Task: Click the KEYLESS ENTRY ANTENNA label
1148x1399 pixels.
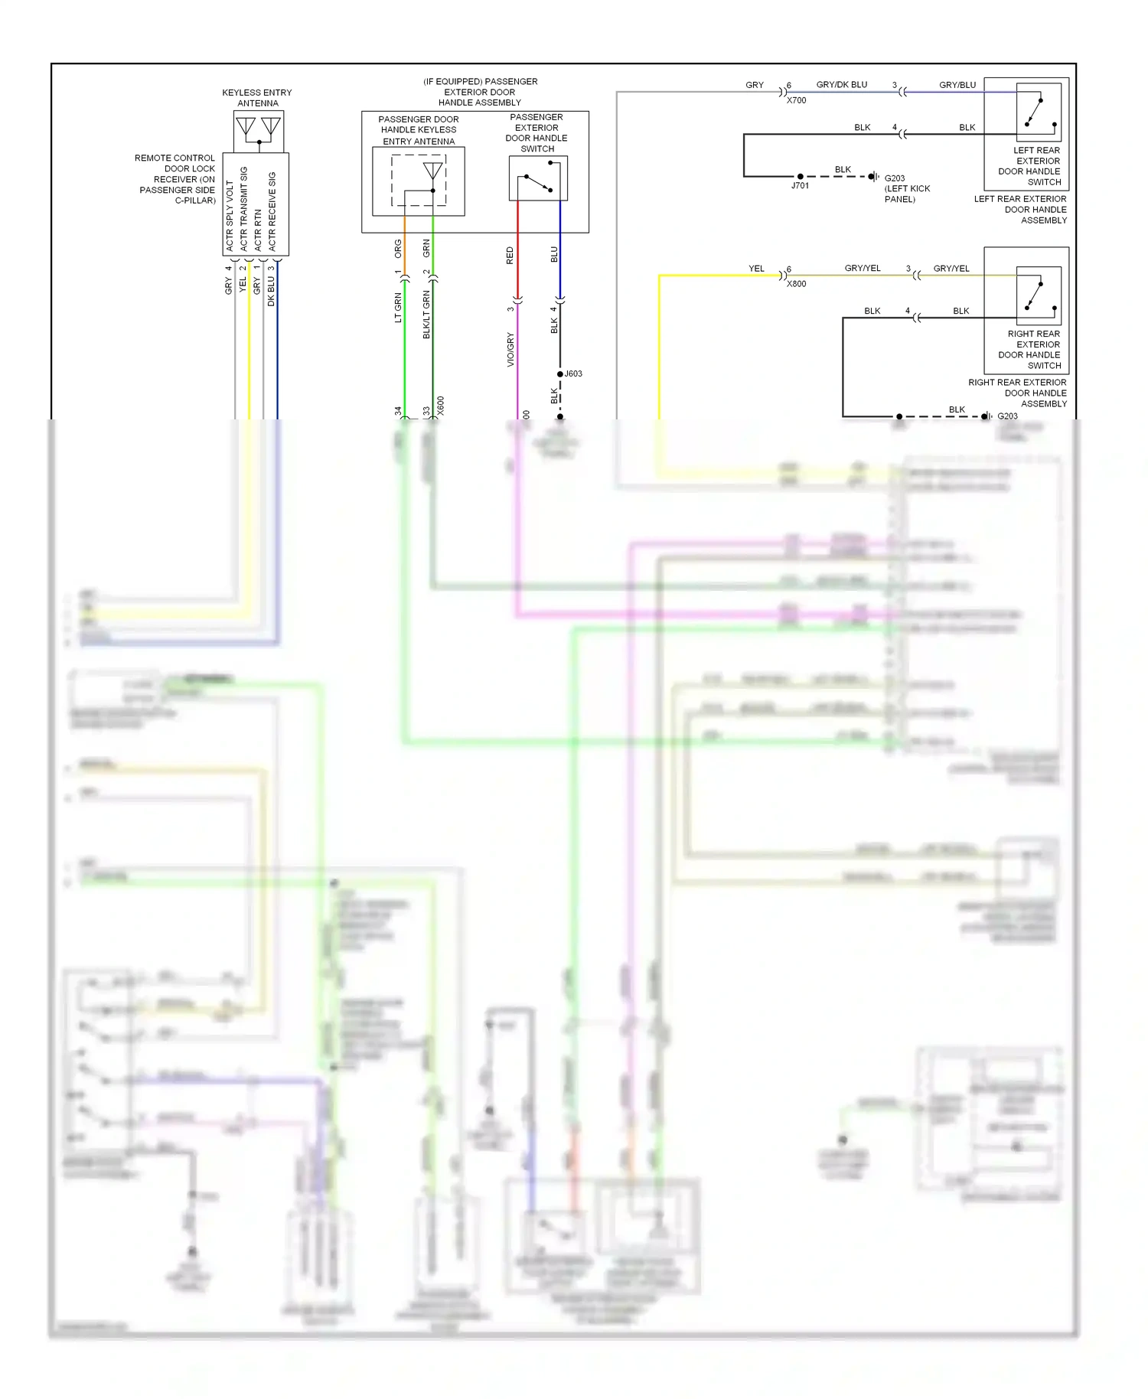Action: (257, 98)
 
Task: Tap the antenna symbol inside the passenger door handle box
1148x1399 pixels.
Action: (432, 171)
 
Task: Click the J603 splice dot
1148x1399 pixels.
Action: (560, 374)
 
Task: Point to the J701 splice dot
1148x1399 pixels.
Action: (801, 177)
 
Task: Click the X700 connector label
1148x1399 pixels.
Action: (796, 100)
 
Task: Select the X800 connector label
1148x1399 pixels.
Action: (796, 284)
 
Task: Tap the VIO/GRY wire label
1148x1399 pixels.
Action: (510, 350)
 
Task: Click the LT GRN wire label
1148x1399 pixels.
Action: (398, 308)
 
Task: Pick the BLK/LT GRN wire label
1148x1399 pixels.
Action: (426, 315)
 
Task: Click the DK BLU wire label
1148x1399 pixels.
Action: (271, 292)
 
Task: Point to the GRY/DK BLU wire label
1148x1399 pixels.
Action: (842, 85)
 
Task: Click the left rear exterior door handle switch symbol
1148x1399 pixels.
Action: (1039, 111)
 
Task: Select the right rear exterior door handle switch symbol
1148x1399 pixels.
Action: (1039, 295)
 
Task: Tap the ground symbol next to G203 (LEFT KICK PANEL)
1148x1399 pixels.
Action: (874, 177)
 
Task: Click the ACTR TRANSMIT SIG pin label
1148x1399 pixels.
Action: (244, 208)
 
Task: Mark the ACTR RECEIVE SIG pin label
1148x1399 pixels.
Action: (272, 210)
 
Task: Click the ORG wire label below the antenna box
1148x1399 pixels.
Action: (398, 248)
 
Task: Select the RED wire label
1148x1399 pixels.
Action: (510, 256)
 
